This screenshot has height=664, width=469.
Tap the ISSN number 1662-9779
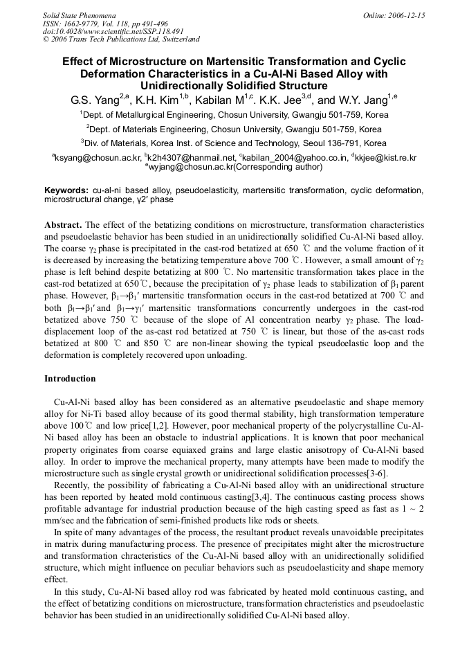point(91,23)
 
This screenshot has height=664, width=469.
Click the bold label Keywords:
point(66,190)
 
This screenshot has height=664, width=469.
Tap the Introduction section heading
point(70,379)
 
